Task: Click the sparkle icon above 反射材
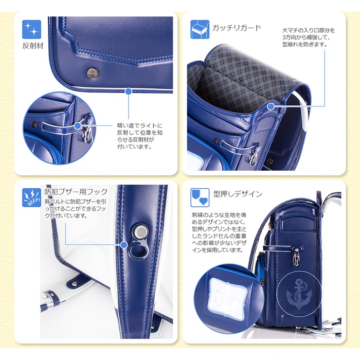pos(32,29)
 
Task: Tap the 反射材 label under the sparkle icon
pos(33,46)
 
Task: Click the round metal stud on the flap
pos(93,73)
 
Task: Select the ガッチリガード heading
pos(237,28)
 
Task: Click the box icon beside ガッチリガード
pos(200,29)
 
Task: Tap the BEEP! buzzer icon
pos(32,197)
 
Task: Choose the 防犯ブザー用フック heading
pos(76,191)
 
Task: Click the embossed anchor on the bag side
pos(298,294)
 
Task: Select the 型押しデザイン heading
pos(238,194)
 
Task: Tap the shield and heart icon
pos(200,197)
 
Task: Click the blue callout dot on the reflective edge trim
pos(129,92)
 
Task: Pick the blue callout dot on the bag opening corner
pos(271,106)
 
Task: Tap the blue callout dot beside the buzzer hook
pos(124,245)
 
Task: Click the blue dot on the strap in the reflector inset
pos(78,125)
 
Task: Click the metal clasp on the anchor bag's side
pos(296,257)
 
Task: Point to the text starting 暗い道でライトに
pos(140,136)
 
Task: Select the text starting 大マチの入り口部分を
pos(309,38)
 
